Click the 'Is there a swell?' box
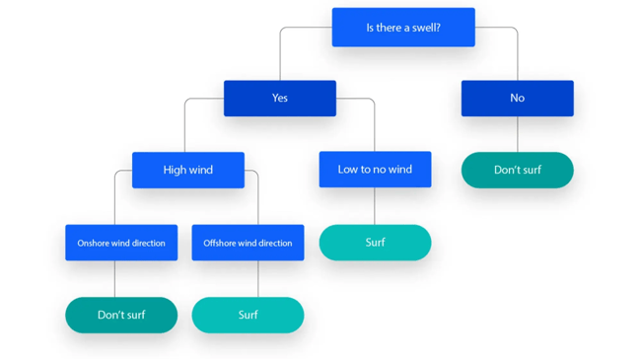click(402, 28)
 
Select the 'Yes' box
click(279, 99)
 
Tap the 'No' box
click(517, 99)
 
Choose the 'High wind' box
click(187, 170)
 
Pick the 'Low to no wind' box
click(375, 170)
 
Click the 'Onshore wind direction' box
click(121, 243)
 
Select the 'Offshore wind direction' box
click(248, 243)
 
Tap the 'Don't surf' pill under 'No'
click(517, 170)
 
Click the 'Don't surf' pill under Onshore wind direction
click(121, 316)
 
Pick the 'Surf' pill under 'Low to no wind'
click(375, 243)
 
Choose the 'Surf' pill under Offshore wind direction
click(248, 316)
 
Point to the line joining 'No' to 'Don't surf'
click(517, 134)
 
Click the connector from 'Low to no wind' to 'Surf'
click(375, 206)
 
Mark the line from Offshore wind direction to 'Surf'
click(258, 279)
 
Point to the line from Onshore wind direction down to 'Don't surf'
click(114, 279)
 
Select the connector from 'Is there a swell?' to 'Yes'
click(280, 54)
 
